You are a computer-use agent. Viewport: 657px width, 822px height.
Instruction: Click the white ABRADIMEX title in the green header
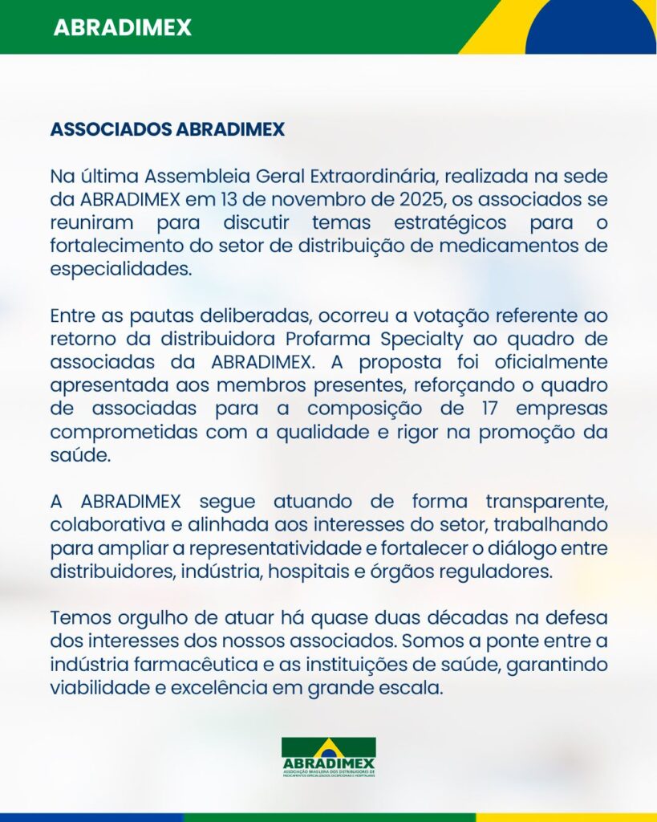point(122,27)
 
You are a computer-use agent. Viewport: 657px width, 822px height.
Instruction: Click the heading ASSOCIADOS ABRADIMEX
point(167,129)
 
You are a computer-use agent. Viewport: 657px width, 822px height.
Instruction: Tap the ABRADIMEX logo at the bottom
point(328,757)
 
